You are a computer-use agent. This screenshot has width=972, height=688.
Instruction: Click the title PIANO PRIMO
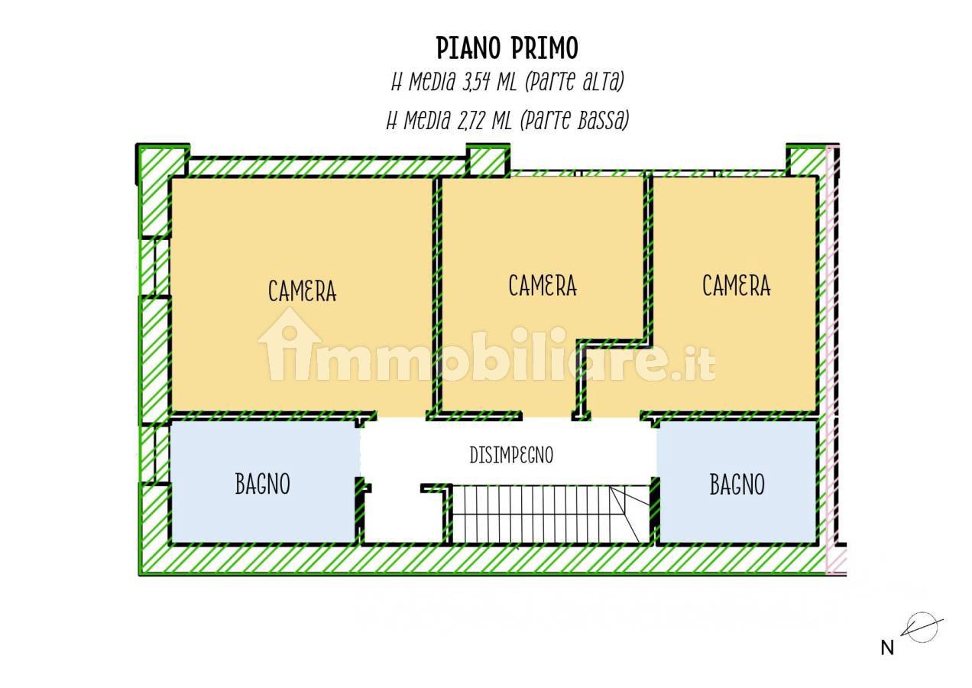507,47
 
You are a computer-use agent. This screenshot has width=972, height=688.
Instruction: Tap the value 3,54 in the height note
475,82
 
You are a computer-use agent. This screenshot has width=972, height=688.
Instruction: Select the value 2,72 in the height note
471,120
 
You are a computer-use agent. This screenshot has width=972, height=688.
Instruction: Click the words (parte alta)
575,82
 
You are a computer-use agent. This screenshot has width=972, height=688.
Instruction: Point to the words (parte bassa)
574,120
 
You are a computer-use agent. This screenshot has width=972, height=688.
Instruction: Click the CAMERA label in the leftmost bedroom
302,290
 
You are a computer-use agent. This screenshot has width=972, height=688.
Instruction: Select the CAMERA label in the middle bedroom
543,286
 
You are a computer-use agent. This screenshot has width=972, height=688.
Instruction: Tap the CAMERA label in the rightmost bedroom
737,286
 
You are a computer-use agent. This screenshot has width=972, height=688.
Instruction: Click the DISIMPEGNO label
512,455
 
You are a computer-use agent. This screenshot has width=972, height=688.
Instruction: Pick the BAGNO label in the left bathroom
263,484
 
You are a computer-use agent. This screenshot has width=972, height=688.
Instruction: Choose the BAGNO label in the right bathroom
737,484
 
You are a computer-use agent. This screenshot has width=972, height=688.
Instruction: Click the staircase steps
550,514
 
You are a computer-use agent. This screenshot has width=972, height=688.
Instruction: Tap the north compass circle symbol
923,628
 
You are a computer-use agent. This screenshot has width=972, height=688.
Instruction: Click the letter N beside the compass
887,648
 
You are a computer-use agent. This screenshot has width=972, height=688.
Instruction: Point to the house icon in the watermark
290,344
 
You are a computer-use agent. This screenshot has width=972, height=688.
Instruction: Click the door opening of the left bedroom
401,415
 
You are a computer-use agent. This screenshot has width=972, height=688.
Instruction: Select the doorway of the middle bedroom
547,415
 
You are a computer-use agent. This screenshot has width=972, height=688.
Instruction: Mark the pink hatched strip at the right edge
830,360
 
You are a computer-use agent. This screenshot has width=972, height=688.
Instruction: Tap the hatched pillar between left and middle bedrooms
488,160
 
